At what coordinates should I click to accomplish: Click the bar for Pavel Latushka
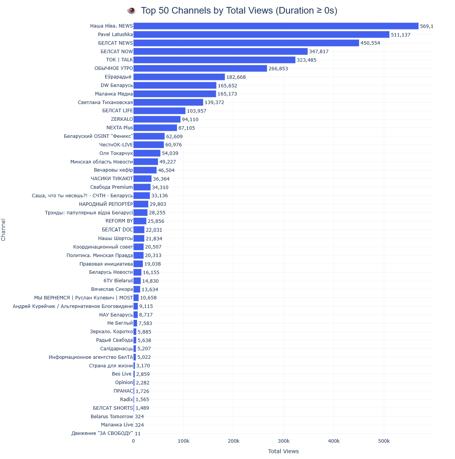coord(261,35)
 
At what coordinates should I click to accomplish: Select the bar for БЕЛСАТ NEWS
coord(246,43)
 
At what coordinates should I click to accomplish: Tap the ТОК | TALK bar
coord(214,60)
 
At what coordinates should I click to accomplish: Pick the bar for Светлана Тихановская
coord(168,103)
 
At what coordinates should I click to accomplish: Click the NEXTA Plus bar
coord(155,128)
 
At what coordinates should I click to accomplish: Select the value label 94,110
coord(190,120)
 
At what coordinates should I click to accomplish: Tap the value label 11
coord(138,433)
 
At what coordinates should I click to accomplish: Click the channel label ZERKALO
coord(122,119)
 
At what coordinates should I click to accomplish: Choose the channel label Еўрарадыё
coord(118,77)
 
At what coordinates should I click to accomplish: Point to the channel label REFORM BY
coord(119,221)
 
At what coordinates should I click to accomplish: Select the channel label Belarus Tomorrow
coord(112,417)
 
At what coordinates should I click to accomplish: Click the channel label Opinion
coord(124,382)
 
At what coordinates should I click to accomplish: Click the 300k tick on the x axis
coord(284,441)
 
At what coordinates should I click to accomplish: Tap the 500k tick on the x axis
coord(384,441)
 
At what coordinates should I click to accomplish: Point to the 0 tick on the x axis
coord(133,441)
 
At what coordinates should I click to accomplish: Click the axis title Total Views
coord(283,451)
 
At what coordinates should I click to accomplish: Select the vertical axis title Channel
coord(3,229)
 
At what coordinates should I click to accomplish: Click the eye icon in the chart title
coord(132,10)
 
